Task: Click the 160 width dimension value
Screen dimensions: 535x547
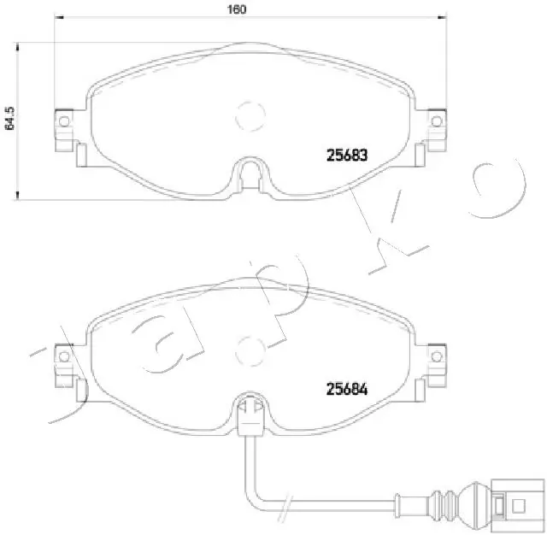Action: pyautogui.click(x=238, y=9)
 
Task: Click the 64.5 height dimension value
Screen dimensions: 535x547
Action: pyautogui.click(x=9, y=117)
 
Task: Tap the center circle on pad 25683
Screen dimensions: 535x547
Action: pyautogui.click(x=250, y=112)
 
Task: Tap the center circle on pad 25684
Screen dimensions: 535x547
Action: pyautogui.click(x=250, y=346)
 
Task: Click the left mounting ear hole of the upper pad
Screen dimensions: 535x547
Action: pyautogui.click(x=62, y=121)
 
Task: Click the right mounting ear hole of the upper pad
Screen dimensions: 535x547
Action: pyautogui.click(x=437, y=121)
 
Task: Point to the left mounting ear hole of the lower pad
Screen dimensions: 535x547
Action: pyautogui.click(x=62, y=354)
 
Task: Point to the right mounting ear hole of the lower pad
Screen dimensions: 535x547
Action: pyautogui.click(x=437, y=354)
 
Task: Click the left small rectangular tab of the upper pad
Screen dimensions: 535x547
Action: pyautogui.click(x=81, y=155)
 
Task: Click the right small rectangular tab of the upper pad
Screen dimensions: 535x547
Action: pyautogui.click(x=419, y=155)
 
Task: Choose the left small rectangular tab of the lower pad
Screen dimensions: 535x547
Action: pyautogui.click(x=81, y=388)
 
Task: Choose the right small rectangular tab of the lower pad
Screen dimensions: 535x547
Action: pyautogui.click(x=419, y=388)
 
